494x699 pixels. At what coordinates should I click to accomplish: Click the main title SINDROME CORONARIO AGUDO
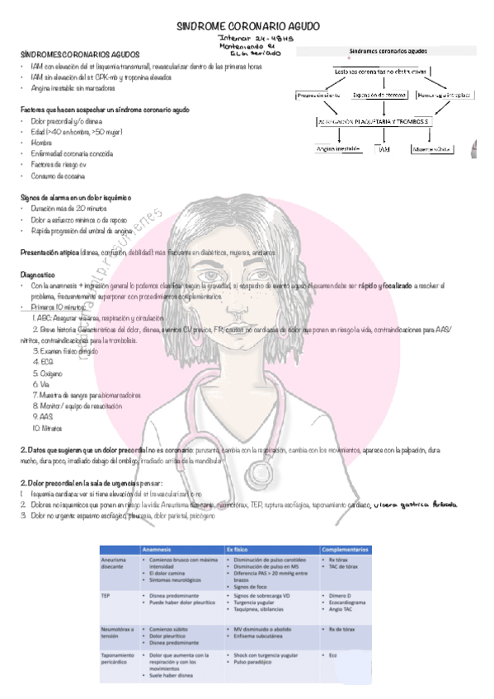click(x=248, y=26)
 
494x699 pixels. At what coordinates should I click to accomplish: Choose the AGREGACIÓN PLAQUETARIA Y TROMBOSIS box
click(x=382, y=121)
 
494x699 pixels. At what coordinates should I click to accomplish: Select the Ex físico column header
click(x=240, y=548)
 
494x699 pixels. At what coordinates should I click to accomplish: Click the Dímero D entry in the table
click(x=341, y=593)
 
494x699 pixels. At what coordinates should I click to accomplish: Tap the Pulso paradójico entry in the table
click(x=256, y=662)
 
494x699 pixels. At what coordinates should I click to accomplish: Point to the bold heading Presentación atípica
click(x=54, y=251)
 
